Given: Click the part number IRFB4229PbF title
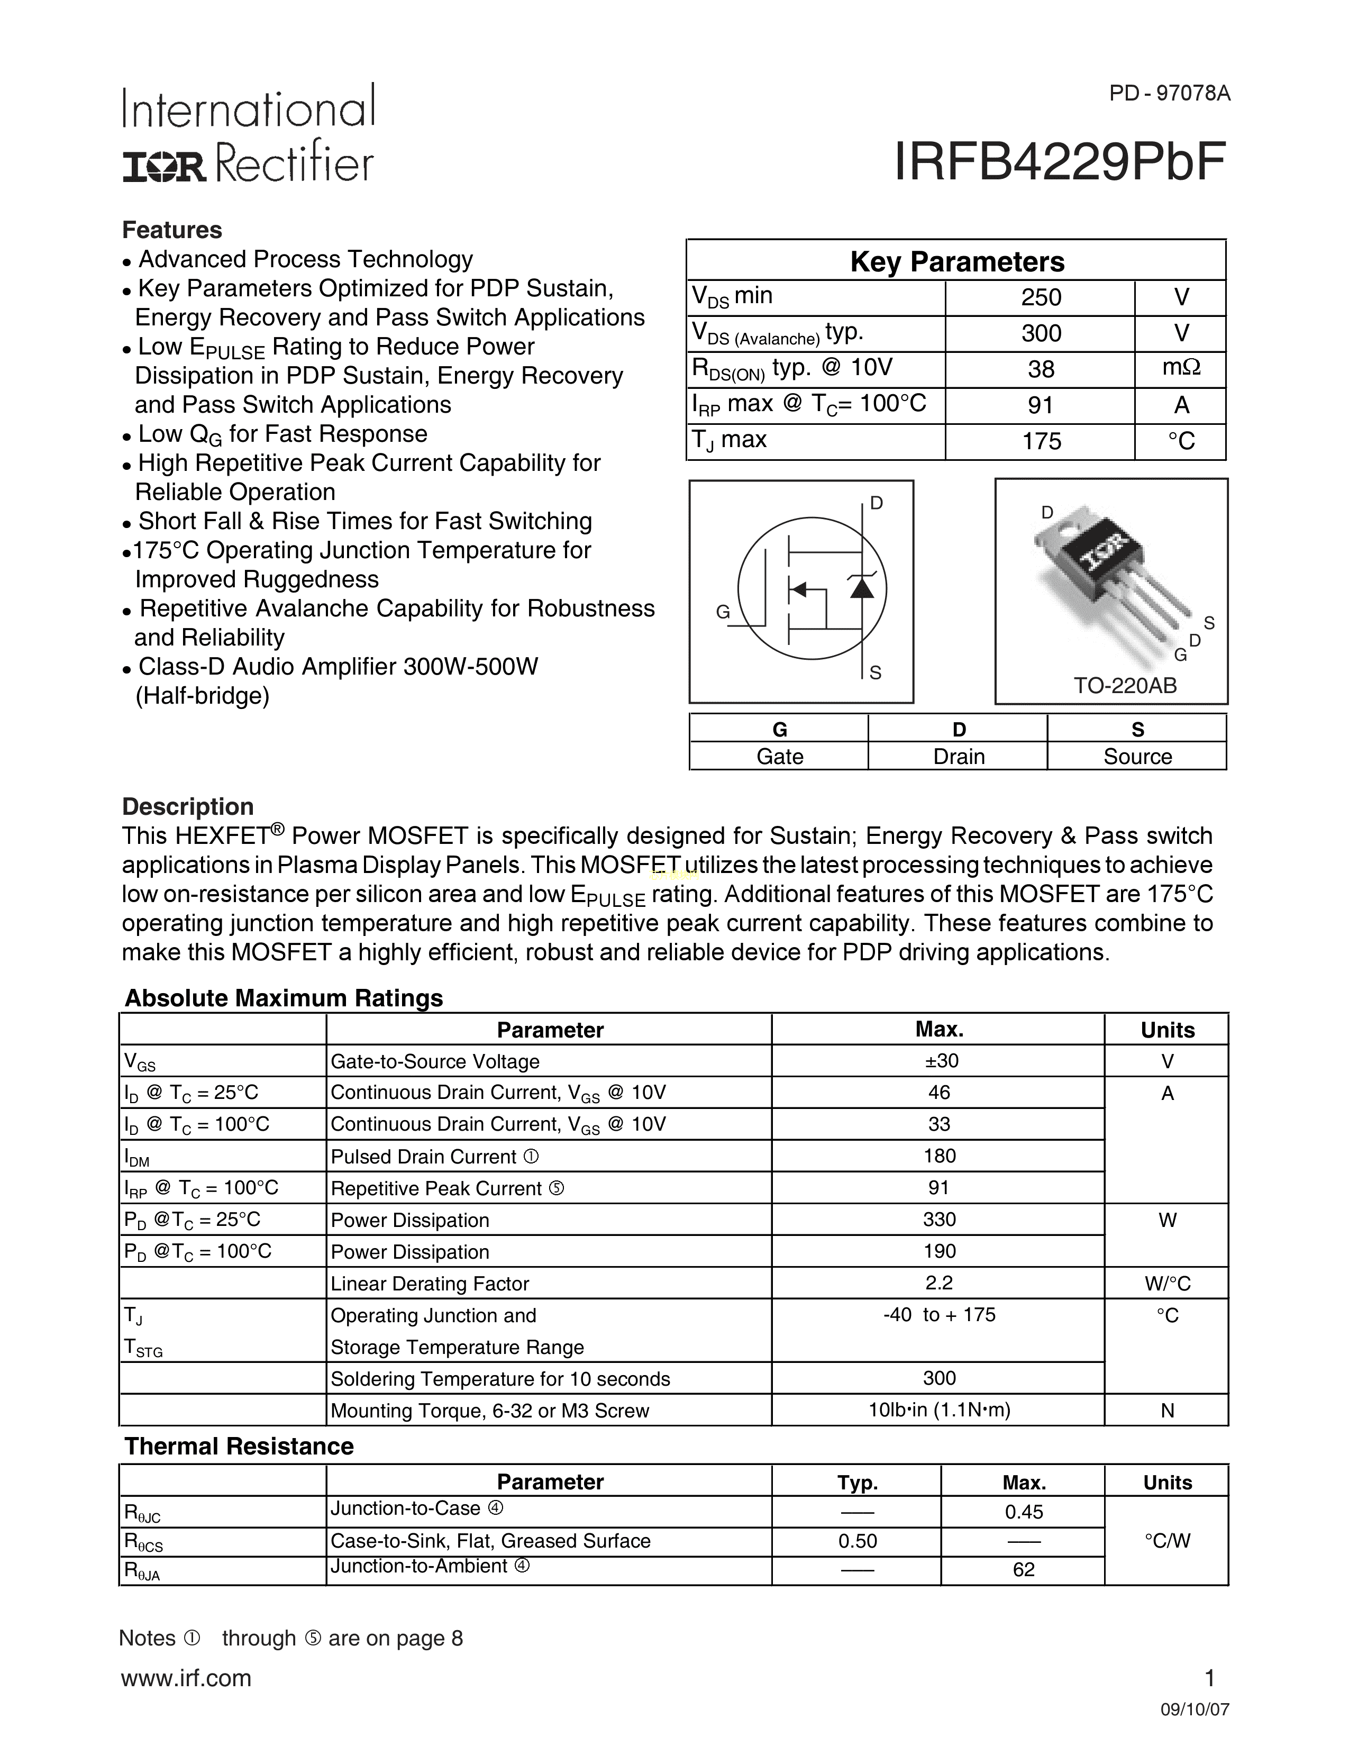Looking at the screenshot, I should point(1060,162).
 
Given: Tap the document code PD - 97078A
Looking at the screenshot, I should point(1169,94).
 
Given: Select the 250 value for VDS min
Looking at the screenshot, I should point(1041,297).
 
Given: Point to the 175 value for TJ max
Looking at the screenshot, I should point(1041,441).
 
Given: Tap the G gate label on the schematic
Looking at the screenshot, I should point(723,612).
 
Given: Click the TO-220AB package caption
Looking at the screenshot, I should point(1125,685).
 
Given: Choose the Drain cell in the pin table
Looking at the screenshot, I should point(958,756).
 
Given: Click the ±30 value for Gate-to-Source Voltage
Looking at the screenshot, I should point(939,1061).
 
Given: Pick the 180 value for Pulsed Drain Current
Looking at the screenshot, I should point(939,1156).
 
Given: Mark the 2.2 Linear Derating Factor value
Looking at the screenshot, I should point(939,1283).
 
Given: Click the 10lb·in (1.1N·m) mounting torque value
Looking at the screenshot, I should point(939,1410).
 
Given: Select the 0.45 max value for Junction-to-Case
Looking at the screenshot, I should point(1024,1512).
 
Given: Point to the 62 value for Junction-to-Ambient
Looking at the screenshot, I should point(1024,1569).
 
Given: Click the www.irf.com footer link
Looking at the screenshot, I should point(186,1678).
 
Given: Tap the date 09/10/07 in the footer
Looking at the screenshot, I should point(1195,1710).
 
